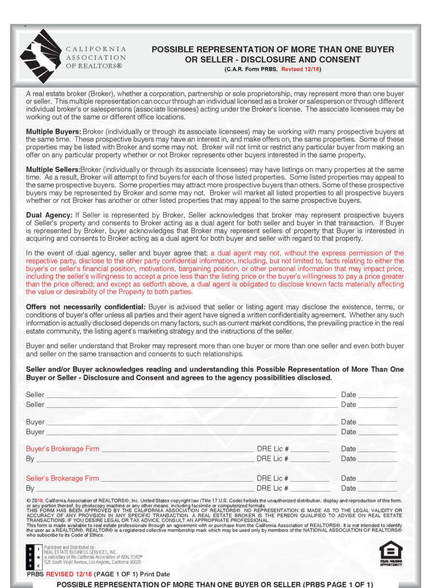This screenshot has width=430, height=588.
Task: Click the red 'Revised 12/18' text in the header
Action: coord(301,69)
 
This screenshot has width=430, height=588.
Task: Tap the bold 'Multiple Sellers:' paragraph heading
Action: coord(53,170)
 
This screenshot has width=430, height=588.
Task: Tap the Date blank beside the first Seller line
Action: coord(378,396)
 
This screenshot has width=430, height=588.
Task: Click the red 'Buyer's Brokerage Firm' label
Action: coord(63,448)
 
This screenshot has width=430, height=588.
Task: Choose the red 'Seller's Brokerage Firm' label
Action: coord(63,478)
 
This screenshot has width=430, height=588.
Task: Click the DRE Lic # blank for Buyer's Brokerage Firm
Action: coord(310,450)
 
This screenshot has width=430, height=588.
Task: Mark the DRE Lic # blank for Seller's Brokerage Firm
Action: coord(310,479)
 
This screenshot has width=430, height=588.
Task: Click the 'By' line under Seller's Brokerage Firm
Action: coord(144,489)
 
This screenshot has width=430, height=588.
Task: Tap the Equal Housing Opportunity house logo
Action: coord(390,552)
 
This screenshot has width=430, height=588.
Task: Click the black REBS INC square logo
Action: coord(34,555)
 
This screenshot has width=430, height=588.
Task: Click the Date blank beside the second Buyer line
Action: coord(378,432)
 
